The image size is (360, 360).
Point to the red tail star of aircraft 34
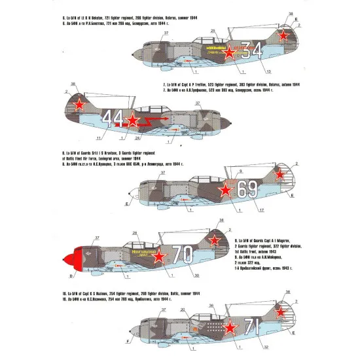282,37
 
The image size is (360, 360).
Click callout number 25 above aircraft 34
213,31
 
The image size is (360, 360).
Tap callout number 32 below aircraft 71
268,348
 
